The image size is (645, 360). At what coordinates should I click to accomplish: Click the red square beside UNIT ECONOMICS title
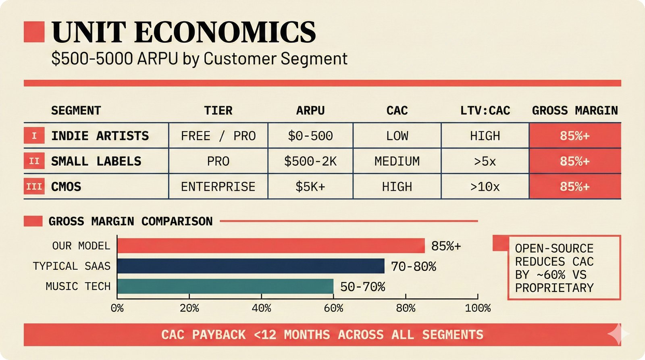[x=34, y=32]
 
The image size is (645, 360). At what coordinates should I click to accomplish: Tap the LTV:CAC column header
[x=485, y=110]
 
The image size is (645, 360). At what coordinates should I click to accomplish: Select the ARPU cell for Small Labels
[x=310, y=161]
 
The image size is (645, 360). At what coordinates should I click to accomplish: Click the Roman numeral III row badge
[x=34, y=187]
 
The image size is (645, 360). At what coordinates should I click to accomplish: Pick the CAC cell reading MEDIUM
[x=397, y=161]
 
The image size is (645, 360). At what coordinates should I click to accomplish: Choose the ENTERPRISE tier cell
[x=218, y=187]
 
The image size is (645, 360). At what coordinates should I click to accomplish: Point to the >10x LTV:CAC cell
[x=485, y=187]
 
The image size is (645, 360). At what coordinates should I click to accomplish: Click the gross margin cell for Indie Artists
[x=574, y=136]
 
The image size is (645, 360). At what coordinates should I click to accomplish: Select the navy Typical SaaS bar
[x=251, y=266]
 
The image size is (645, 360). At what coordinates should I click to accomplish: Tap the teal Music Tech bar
[x=225, y=286]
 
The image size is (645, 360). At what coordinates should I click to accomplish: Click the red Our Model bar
[x=271, y=246]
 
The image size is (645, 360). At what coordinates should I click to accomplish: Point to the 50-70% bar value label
[x=362, y=287]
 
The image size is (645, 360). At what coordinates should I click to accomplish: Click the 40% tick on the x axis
[x=261, y=308]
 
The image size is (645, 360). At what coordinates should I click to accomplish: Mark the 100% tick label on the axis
[x=478, y=308]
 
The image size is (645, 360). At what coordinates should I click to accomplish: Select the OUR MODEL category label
[x=81, y=246]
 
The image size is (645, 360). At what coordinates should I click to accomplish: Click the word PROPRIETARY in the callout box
[x=554, y=288]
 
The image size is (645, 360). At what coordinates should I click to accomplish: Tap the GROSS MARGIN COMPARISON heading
[x=130, y=221]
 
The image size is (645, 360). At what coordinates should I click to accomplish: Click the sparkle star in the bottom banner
[x=618, y=334]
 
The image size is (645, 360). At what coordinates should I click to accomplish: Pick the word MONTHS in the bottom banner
[x=306, y=335]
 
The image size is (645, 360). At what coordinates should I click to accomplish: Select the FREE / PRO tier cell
[x=218, y=136]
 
